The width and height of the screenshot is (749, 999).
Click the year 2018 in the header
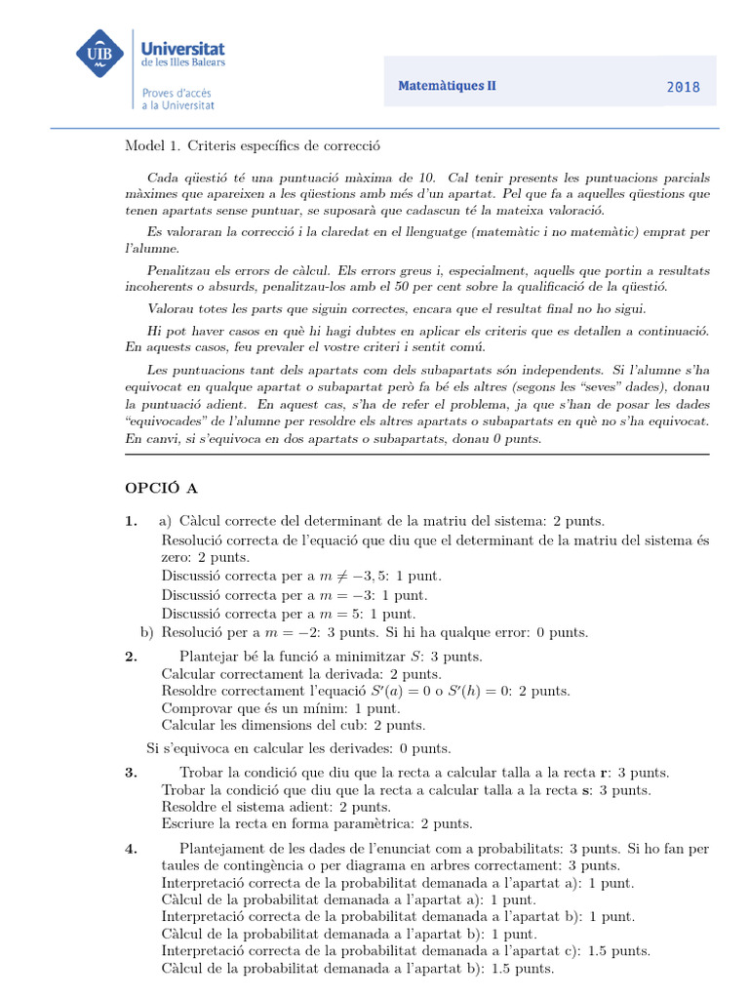click(683, 87)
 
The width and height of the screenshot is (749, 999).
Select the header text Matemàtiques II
click(447, 86)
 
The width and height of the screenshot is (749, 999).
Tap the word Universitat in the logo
click(183, 47)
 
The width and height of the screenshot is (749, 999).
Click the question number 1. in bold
click(131, 521)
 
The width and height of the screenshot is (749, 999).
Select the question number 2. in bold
click(131, 657)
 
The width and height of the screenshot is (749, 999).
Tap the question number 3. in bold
click(131, 773)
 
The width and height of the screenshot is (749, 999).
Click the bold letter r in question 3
click(605, 773)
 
